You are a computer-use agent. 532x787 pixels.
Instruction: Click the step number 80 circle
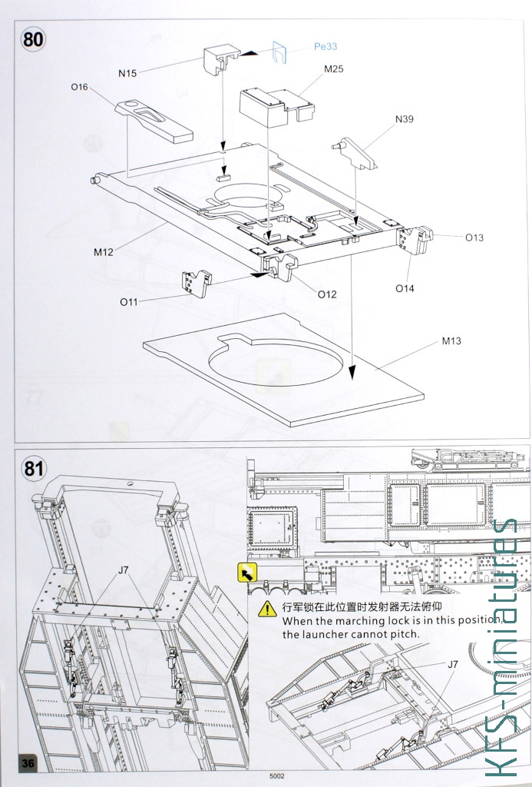point(32,40)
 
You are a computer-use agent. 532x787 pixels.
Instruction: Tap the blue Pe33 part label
point(325,46)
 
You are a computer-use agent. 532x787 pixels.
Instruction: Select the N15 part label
point(127,74)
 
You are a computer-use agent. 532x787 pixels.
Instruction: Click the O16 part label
point(79,88)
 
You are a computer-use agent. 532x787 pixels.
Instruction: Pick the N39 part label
point(405,119)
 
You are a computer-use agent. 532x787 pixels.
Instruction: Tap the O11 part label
point(129,301)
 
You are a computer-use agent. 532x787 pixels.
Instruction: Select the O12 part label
point(327,294)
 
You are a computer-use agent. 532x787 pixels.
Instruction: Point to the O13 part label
point(474,237)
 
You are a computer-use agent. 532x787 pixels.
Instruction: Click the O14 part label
point(405,288)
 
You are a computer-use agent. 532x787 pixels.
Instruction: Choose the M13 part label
point(451,341)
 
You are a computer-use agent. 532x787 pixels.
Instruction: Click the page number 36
point(28,763)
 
